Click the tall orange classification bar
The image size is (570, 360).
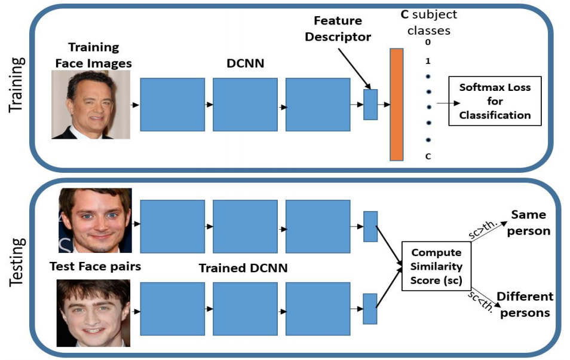click(x=396, y=104)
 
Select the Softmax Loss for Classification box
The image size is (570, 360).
click(x=495, y=101)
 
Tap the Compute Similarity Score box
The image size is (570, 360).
click(x=436, y=266)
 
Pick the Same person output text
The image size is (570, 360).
click(x=529, y=222)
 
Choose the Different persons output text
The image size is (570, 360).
click(x=525, y=304)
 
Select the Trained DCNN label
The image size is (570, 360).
click(x=243, y=269)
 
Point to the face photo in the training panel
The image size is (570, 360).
click(x=90, y=105)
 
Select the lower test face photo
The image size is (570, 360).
click(x=93, y=313)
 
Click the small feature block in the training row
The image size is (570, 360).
click(x=370, y=104)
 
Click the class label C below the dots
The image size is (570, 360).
click(x=428, y=157)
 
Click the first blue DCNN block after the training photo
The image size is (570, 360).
click(x=172, y=104)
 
